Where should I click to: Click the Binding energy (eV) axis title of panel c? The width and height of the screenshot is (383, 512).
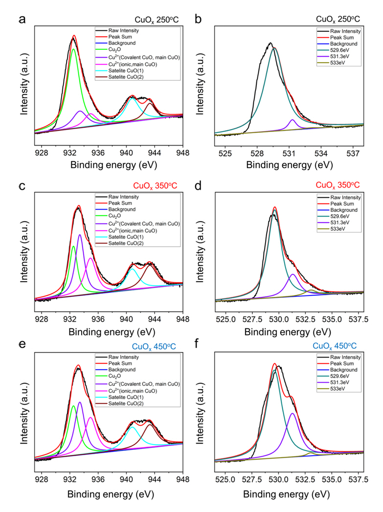tap(109, 331)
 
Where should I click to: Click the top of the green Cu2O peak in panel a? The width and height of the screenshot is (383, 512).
tap(73, 49)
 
